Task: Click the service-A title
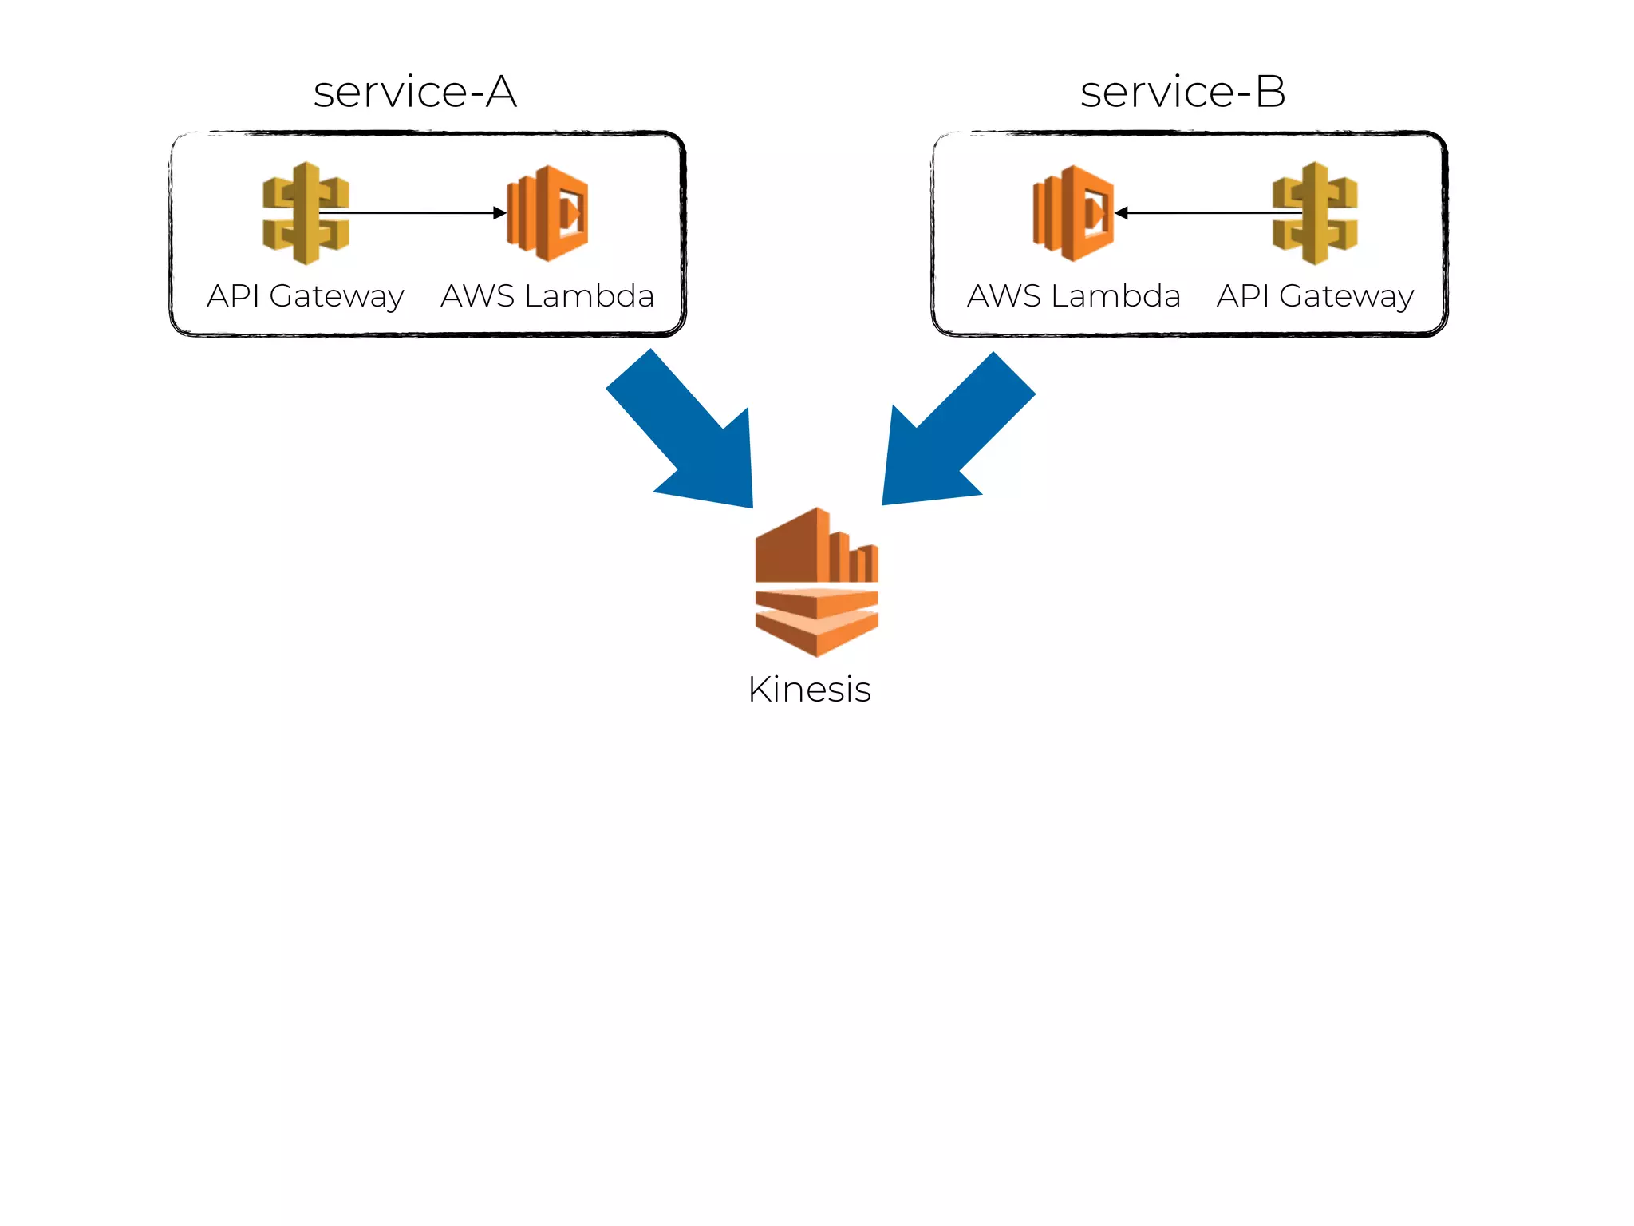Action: point(415,92)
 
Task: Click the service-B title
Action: point(1182,92)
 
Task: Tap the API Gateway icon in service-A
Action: point(306,213)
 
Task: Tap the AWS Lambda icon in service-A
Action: point(548,213)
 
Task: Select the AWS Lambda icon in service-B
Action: point(1073,213)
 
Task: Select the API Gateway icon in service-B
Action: point(1315,213)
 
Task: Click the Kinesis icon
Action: point(816,583)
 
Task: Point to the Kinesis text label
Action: point(809,690)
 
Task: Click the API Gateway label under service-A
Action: point(306,296)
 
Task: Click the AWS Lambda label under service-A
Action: point(547,296)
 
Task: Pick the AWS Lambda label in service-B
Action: point(1073,296)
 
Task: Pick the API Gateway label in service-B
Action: point(1315,296)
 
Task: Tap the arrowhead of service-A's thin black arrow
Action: point(499,213)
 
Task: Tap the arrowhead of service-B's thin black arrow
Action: point(1122,213)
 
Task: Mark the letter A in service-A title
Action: point(501,92)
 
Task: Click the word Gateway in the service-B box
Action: point(1347,296)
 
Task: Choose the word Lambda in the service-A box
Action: point(589,296)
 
